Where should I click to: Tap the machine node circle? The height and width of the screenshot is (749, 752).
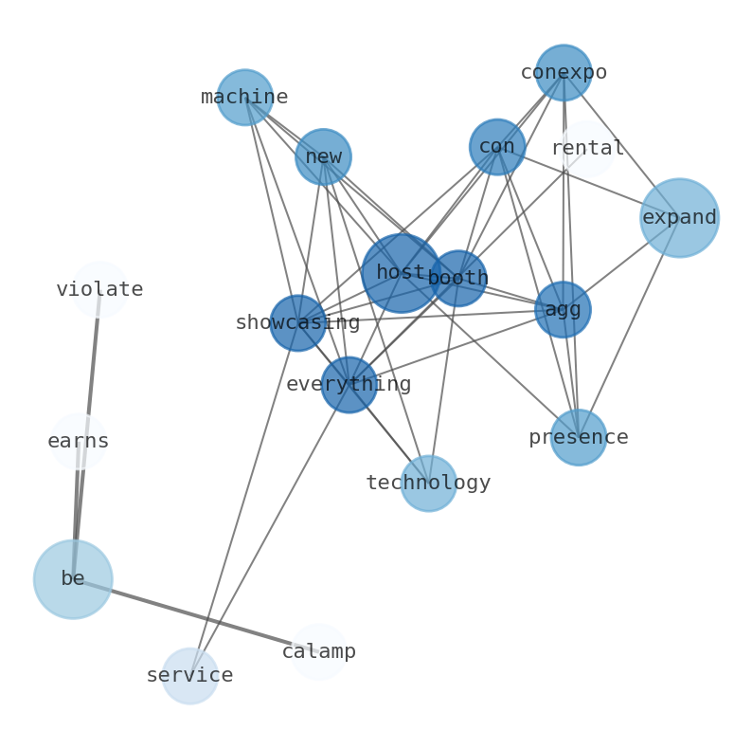coord(245,98)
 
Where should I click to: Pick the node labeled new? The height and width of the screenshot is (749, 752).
coord(323,156)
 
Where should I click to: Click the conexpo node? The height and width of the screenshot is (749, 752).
coord(564,73)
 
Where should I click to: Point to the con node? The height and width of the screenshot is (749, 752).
coord(497,147)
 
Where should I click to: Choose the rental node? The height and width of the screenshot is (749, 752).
coord(587,149)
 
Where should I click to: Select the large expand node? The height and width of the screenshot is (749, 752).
coord(679,218)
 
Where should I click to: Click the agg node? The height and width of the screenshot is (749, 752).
coord(563,310)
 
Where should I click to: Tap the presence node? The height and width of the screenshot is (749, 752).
coord(578,438)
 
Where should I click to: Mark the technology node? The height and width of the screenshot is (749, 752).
coord(428,484)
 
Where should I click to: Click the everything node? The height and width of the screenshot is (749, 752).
coord(349,385)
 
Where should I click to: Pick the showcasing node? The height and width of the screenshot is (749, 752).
coord(297,323)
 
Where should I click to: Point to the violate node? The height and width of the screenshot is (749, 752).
coord(99,290)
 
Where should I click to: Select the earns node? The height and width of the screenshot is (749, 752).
coord(79,442)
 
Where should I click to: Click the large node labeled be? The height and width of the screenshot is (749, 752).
coord(73,579)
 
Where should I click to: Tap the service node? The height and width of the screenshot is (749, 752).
coord(189,676)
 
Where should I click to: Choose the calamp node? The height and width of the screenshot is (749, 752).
coord(319,652)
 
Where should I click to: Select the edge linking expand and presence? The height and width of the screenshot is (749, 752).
coord(629,328)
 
